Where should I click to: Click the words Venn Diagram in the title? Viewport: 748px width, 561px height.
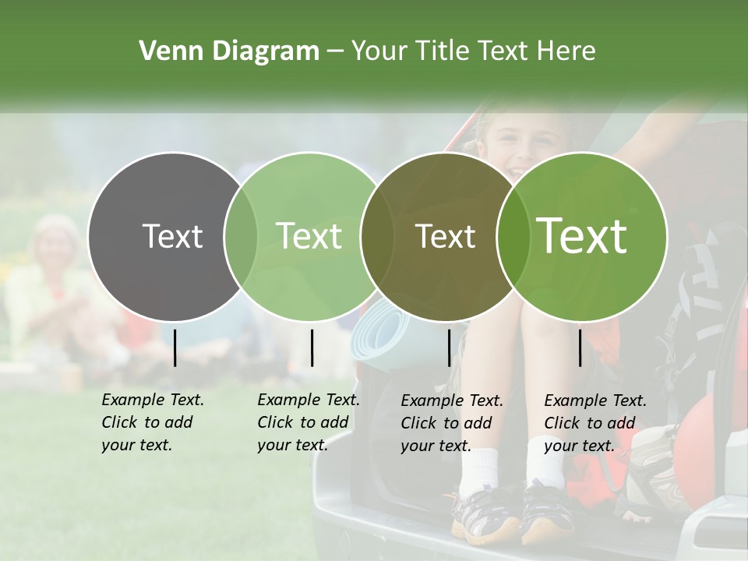229,51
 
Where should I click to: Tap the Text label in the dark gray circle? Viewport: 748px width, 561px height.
172,236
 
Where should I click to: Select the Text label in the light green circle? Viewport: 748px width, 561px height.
309,236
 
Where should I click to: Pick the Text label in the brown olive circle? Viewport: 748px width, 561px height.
445,236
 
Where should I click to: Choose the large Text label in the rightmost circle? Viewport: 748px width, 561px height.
582,236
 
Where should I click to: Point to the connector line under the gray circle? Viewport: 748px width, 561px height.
175,348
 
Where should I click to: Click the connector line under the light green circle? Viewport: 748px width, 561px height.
312,348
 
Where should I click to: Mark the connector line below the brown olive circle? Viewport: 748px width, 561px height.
449,348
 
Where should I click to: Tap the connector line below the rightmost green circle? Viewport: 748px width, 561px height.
580,348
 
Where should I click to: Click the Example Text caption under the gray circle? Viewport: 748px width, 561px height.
152,422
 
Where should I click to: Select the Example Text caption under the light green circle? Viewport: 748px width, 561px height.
308,422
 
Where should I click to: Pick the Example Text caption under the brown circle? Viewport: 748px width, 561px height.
451,423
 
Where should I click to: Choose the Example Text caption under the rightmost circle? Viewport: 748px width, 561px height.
595,423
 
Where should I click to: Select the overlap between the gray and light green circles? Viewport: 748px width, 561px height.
241,236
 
